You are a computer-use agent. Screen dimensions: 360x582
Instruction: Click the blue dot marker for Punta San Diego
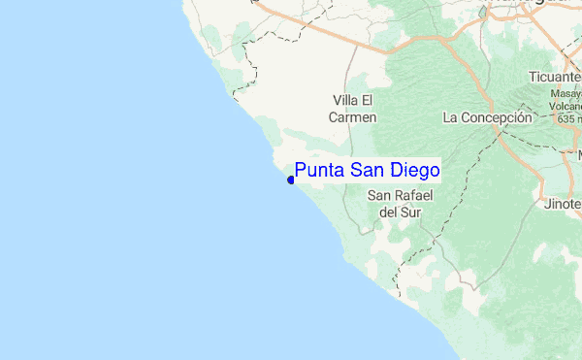(291, 180)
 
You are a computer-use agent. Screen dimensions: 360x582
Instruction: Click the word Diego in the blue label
(411, 171)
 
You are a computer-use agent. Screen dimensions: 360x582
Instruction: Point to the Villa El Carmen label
(353, 109)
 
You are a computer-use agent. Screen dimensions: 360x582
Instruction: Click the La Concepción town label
(487, 116)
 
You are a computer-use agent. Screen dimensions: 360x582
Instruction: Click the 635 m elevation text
(568, 118)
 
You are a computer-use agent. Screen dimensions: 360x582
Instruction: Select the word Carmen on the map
(353, 116)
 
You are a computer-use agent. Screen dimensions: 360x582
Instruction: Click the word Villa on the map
(347, 101)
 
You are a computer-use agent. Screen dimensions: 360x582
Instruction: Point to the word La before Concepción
(449, 116)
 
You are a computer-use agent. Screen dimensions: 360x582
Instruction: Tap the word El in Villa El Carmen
(368, 101)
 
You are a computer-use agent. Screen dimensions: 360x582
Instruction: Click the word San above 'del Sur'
(381, 195)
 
